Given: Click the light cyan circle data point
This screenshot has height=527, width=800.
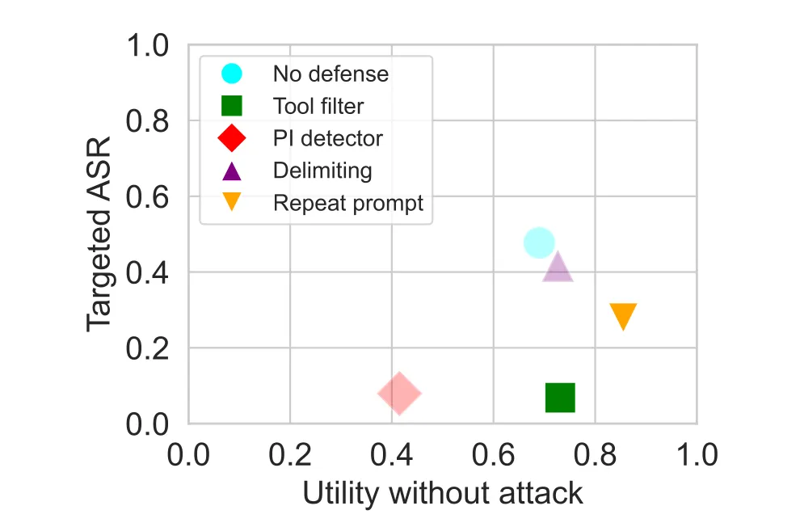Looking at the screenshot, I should pos(539,242).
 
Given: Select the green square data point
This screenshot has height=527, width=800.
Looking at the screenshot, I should pos(560,397).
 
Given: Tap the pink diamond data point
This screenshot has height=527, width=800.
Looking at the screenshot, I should pos(399,394).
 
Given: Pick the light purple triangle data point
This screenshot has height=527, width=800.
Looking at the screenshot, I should pos(558,268).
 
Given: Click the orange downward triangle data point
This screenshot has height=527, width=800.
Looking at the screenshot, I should pos(623,315).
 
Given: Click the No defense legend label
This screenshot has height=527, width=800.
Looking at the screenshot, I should pos(331,74).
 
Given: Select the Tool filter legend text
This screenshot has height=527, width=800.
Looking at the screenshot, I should pos(318,106).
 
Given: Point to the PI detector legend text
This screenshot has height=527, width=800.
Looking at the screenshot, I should pos(327,138).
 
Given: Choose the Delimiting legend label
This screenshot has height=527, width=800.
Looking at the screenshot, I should pos(322,171).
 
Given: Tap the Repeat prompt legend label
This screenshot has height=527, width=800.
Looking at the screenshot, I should pos(347,203).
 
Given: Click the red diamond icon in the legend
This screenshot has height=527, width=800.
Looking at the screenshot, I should pos(232,138).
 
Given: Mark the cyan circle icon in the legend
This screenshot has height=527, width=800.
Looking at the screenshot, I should pos(232,74).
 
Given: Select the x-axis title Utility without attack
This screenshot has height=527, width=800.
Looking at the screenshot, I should pos(443,493).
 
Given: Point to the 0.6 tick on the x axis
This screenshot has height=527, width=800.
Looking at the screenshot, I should pos(493,453).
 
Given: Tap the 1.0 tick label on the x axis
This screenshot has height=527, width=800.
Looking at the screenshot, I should pos(696,453).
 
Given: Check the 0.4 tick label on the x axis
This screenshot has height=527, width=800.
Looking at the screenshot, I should pos(391,453).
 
